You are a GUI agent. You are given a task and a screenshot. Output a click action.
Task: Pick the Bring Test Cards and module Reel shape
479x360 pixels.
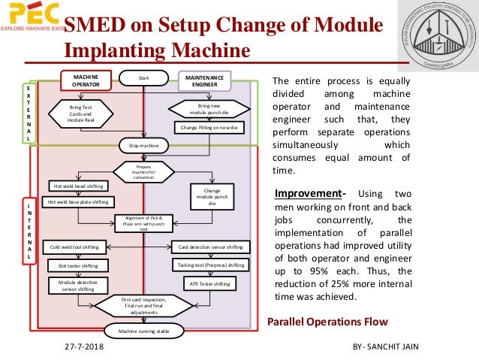(80, 114)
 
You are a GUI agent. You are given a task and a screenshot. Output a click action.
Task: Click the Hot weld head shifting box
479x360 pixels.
(78, 186)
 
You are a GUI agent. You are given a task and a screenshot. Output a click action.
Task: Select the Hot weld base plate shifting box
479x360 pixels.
(78, 201)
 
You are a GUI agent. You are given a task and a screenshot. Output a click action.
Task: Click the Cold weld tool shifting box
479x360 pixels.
(75, 246)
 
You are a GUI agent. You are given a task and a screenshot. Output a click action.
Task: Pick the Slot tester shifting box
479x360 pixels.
(78, 265)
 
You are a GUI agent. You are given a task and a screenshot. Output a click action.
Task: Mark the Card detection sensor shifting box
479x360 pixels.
(210, 246)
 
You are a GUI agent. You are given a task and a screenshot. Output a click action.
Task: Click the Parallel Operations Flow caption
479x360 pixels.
(327, 322)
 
